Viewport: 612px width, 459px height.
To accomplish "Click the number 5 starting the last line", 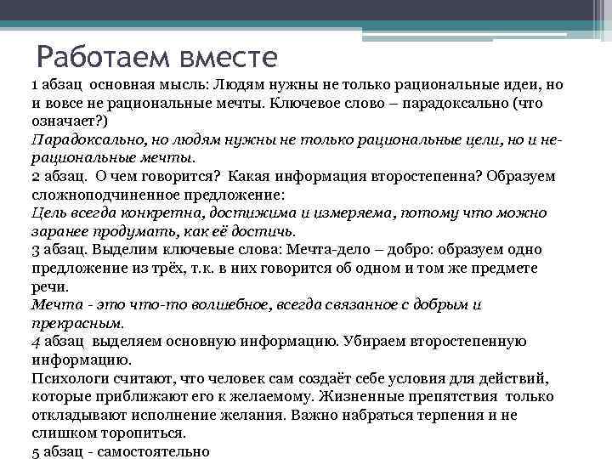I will (35, 451).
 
